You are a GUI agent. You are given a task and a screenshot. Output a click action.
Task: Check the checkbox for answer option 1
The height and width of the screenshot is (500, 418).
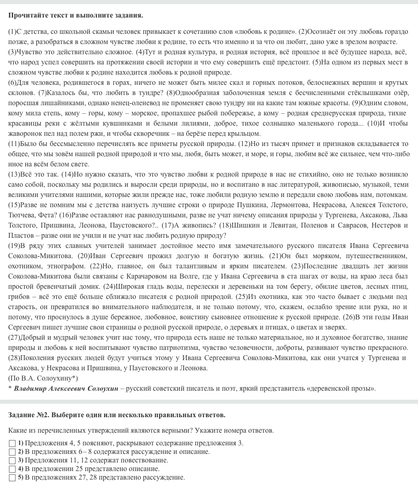click(x=12, y=443)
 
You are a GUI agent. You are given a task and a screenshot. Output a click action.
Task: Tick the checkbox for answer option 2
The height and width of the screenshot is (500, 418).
click(x=12, y=452)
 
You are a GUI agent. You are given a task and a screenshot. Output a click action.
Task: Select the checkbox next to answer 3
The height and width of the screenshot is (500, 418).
click(x=12, y=460)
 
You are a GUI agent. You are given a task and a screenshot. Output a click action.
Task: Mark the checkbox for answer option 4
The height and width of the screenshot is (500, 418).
click(x=12, y=469)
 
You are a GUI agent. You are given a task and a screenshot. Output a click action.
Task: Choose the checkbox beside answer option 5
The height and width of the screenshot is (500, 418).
click(x=12, y=478)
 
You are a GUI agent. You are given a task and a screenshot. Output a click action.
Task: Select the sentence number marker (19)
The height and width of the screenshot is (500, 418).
click(x=14, y=246)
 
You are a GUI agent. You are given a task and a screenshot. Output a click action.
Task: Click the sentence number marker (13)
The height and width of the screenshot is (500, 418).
click(x=14, y=174)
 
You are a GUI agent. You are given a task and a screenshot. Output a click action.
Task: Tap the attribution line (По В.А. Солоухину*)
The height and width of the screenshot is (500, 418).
click(x=43, y=378)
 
